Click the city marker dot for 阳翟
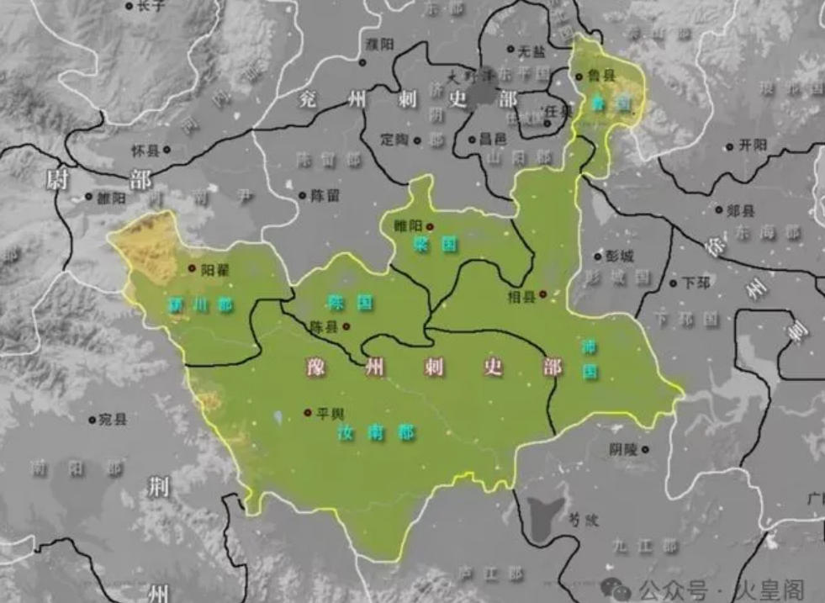click(x=192, y=268)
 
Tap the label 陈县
click(x=324, y=326)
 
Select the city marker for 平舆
click(x=308, y=412)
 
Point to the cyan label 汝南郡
click(x=376, y=433)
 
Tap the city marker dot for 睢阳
click(x=430, y=225)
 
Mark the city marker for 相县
click(x=542, y=294)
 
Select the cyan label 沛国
click(x=590, y=358)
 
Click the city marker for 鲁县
click(x=579, y=77)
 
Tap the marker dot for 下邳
click(x=673, y=283)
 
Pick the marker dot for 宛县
click(x=93, y=419)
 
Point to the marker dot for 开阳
click(x=732, y=145)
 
